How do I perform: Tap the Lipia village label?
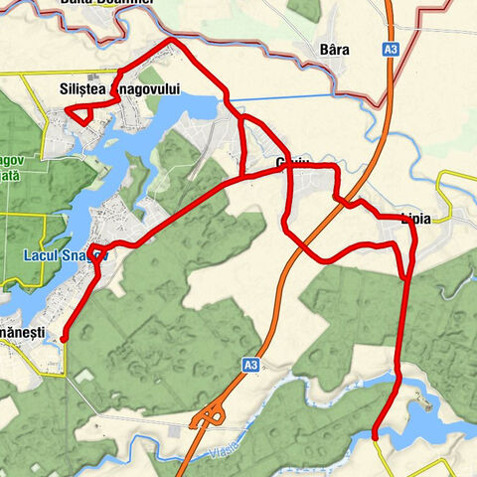[x=414, y=218]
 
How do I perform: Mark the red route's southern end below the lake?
[x=375, y=435]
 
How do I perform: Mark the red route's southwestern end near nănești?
[x=64, y=339]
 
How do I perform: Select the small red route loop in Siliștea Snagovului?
[x=79, y=112]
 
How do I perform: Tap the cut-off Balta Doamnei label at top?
[x=120, y=4]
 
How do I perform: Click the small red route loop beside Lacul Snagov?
[x=96, y=252]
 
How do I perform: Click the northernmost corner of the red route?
[x=174, y=42]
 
